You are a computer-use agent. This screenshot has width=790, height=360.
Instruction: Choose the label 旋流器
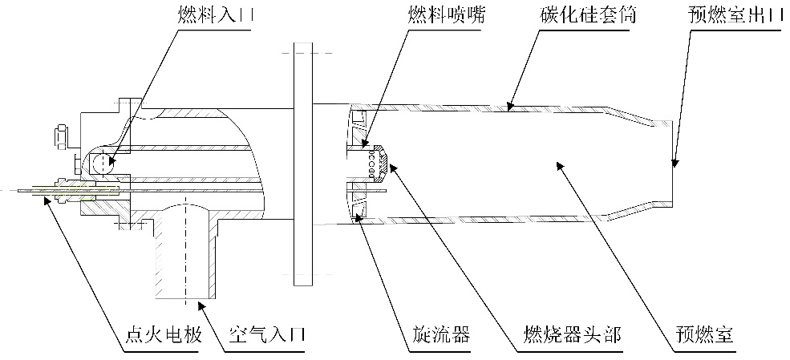436,334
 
